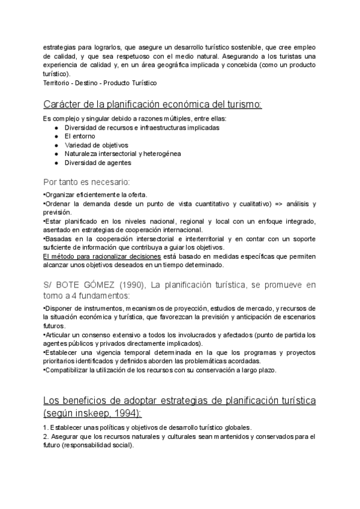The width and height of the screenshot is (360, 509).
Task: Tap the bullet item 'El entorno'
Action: [80, 136]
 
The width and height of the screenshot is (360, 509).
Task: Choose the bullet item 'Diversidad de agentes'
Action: [98, 162]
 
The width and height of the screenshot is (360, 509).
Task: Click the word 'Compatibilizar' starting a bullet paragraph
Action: [66, 370]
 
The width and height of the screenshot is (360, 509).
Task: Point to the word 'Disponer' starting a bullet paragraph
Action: [58, 309]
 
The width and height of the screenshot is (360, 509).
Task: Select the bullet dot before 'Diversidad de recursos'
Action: [56, 127]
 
